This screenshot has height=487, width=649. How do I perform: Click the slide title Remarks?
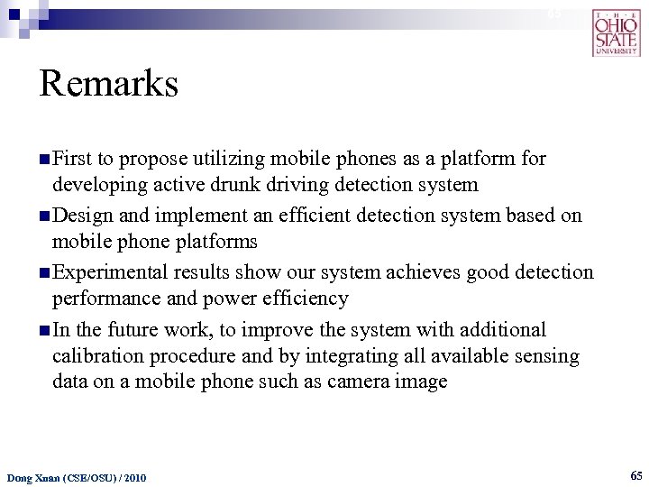(109, 85)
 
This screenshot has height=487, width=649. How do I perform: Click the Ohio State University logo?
(617, 32)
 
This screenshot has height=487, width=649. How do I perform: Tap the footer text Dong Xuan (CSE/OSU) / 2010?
(76, 476)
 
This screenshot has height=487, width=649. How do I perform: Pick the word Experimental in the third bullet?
(112, 272)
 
